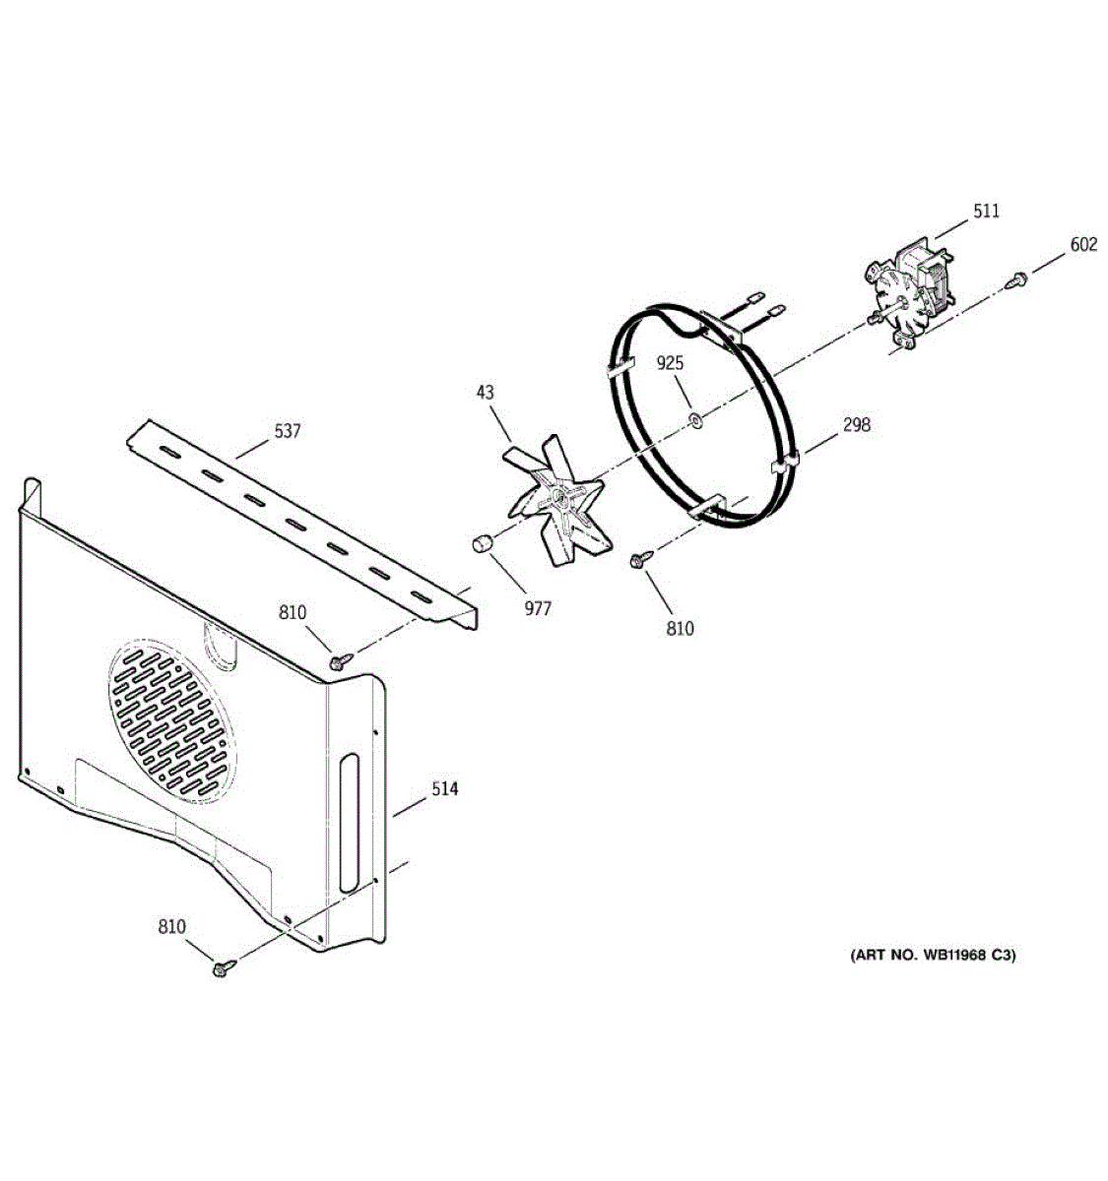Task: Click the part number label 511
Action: click(x=986, y=211)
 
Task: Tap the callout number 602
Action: click(x=1083, y=245)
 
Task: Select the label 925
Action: click(x=671, y=364)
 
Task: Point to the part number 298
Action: click(x=857, y=425)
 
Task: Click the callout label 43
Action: click(x=486, y=393)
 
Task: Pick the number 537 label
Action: click(x=288, y=431)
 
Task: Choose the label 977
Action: click(x=538, y=609)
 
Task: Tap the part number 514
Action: click(x=444, y=789)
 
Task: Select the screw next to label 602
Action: click(x=1016, y=281)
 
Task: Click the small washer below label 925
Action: click(x=695, y=421)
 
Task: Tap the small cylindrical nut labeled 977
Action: click(x=480, y=543)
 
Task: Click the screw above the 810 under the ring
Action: click(x=637, y=561)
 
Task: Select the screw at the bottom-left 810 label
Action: click(x=222, y=968)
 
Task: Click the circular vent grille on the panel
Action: click(x=175, y=720)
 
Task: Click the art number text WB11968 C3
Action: click(x=932, y=955)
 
